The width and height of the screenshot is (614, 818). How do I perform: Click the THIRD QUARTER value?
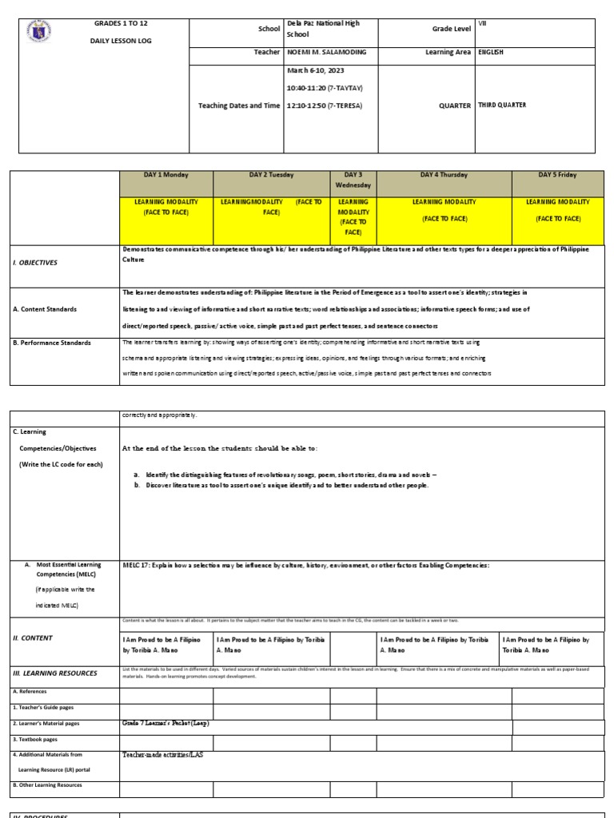tap(501, 105)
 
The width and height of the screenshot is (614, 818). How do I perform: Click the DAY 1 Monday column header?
tap(166, 175)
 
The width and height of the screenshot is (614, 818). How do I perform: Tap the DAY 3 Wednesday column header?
tap(353, 180)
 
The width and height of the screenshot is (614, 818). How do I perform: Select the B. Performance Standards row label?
tap(51, 343)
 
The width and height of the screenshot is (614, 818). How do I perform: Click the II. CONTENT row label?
tap(31, 637)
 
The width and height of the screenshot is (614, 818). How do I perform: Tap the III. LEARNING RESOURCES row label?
tap(54, 673)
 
